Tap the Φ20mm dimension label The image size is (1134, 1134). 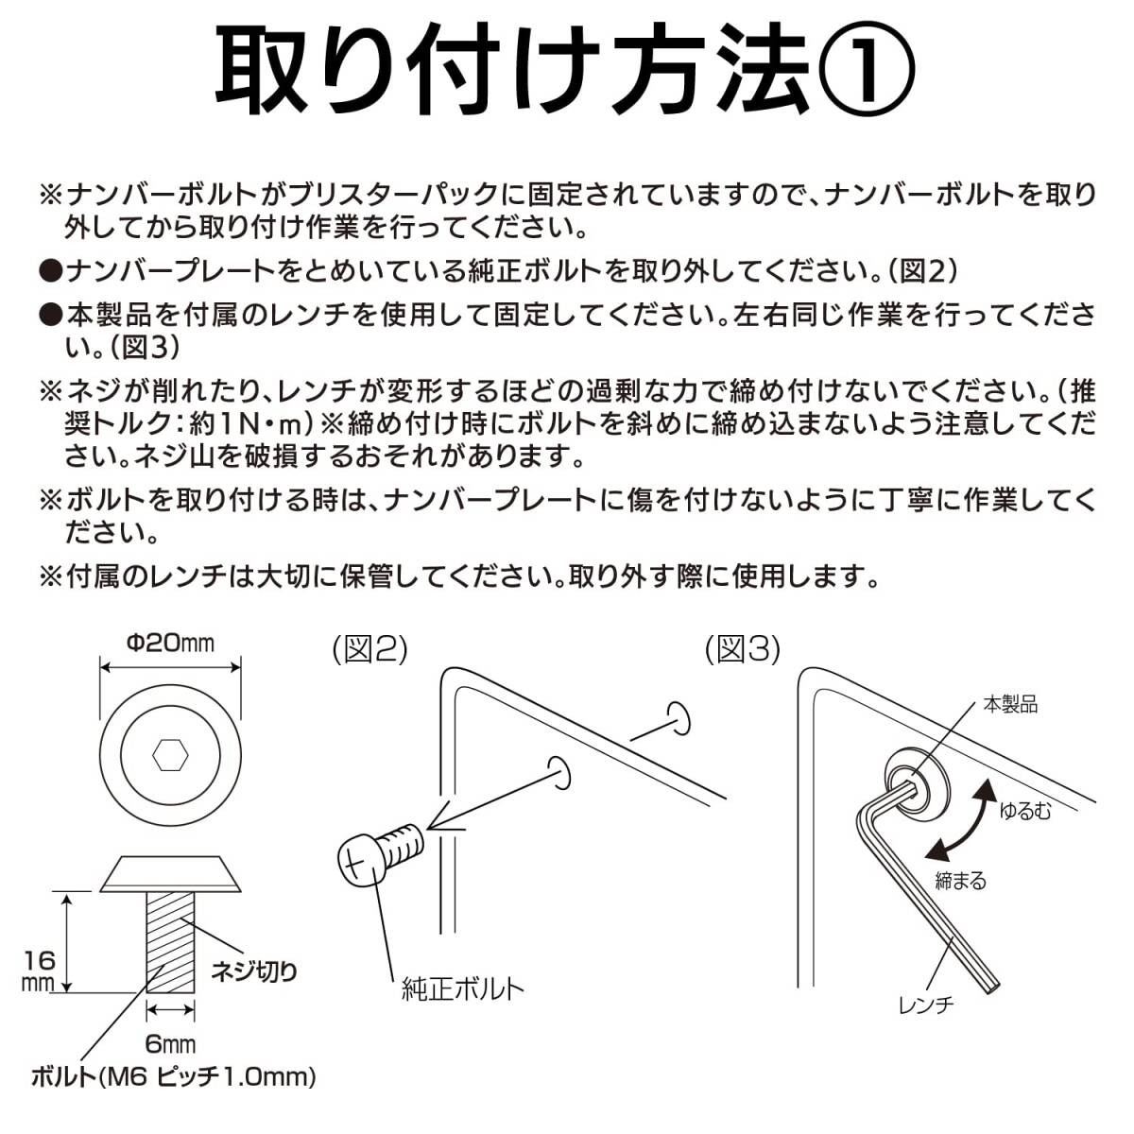coord(170,644)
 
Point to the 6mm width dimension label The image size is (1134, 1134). coord(171,1043)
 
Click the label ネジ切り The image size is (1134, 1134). coord(253,971)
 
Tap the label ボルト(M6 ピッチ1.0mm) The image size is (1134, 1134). coord(173,1076)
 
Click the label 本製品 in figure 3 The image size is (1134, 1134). coord(1010,704)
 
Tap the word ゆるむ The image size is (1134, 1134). coord(1024,810)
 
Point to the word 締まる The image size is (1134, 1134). coord(960,881)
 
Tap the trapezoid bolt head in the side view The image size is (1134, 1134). coord(171,874)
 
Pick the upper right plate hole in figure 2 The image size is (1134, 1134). coord(678,717)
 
